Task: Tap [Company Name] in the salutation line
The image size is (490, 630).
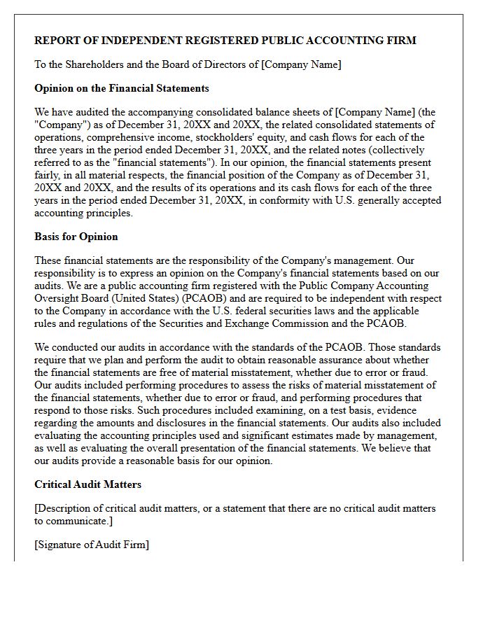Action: [301, 64]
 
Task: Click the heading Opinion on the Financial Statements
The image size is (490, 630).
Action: [122, 88]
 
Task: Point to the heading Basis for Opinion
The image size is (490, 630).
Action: [76, 237]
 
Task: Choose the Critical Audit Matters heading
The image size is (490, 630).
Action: [87, 484]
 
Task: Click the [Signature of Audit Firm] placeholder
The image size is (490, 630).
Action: [92, 545]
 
